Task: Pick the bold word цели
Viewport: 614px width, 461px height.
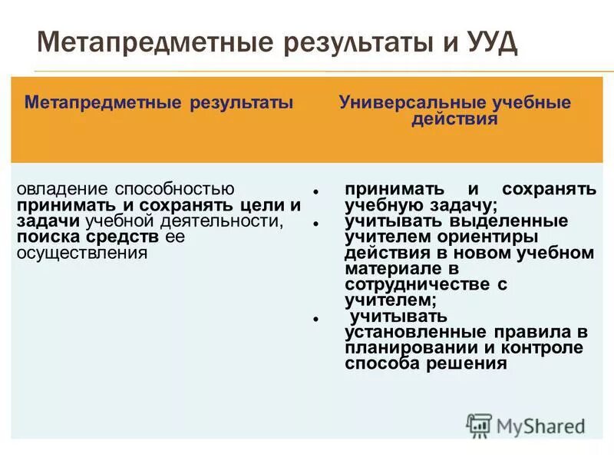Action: [259, 205]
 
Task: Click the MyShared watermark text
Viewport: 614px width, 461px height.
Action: [540, 424]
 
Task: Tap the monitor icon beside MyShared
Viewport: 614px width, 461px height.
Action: [479, 425]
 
